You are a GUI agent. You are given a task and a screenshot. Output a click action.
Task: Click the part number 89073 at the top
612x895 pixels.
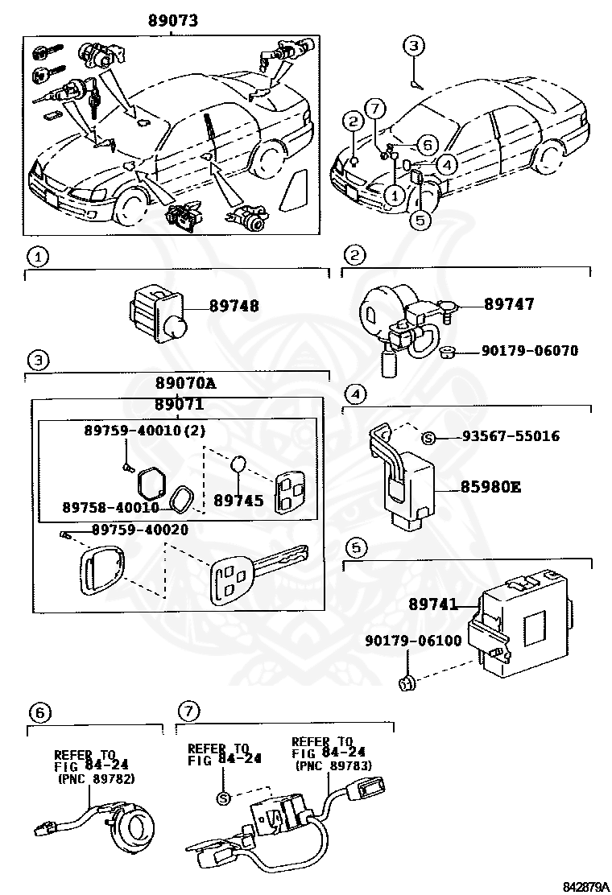pos(173,21)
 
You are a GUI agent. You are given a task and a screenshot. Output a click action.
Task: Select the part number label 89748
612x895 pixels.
pos(234,307)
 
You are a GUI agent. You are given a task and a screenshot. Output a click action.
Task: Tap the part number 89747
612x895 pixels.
pos(509,304)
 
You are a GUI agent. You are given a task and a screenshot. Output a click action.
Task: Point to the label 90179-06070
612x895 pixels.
pos(529,351)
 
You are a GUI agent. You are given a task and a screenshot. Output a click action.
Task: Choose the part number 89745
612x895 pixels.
pos(238,500)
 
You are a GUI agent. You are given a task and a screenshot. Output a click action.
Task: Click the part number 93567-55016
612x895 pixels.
pos(511,436)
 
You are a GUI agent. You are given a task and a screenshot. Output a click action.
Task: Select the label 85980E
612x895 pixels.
pos(490,487)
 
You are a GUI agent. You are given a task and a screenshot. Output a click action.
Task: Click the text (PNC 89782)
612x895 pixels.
pos(96,779)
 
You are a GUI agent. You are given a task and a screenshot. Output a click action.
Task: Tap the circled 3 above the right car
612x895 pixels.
pos(412,46)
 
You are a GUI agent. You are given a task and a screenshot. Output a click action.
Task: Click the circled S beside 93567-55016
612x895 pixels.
pos(429,437)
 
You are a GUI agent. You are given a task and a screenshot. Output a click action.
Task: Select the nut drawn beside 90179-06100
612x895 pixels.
pos(407,685)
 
